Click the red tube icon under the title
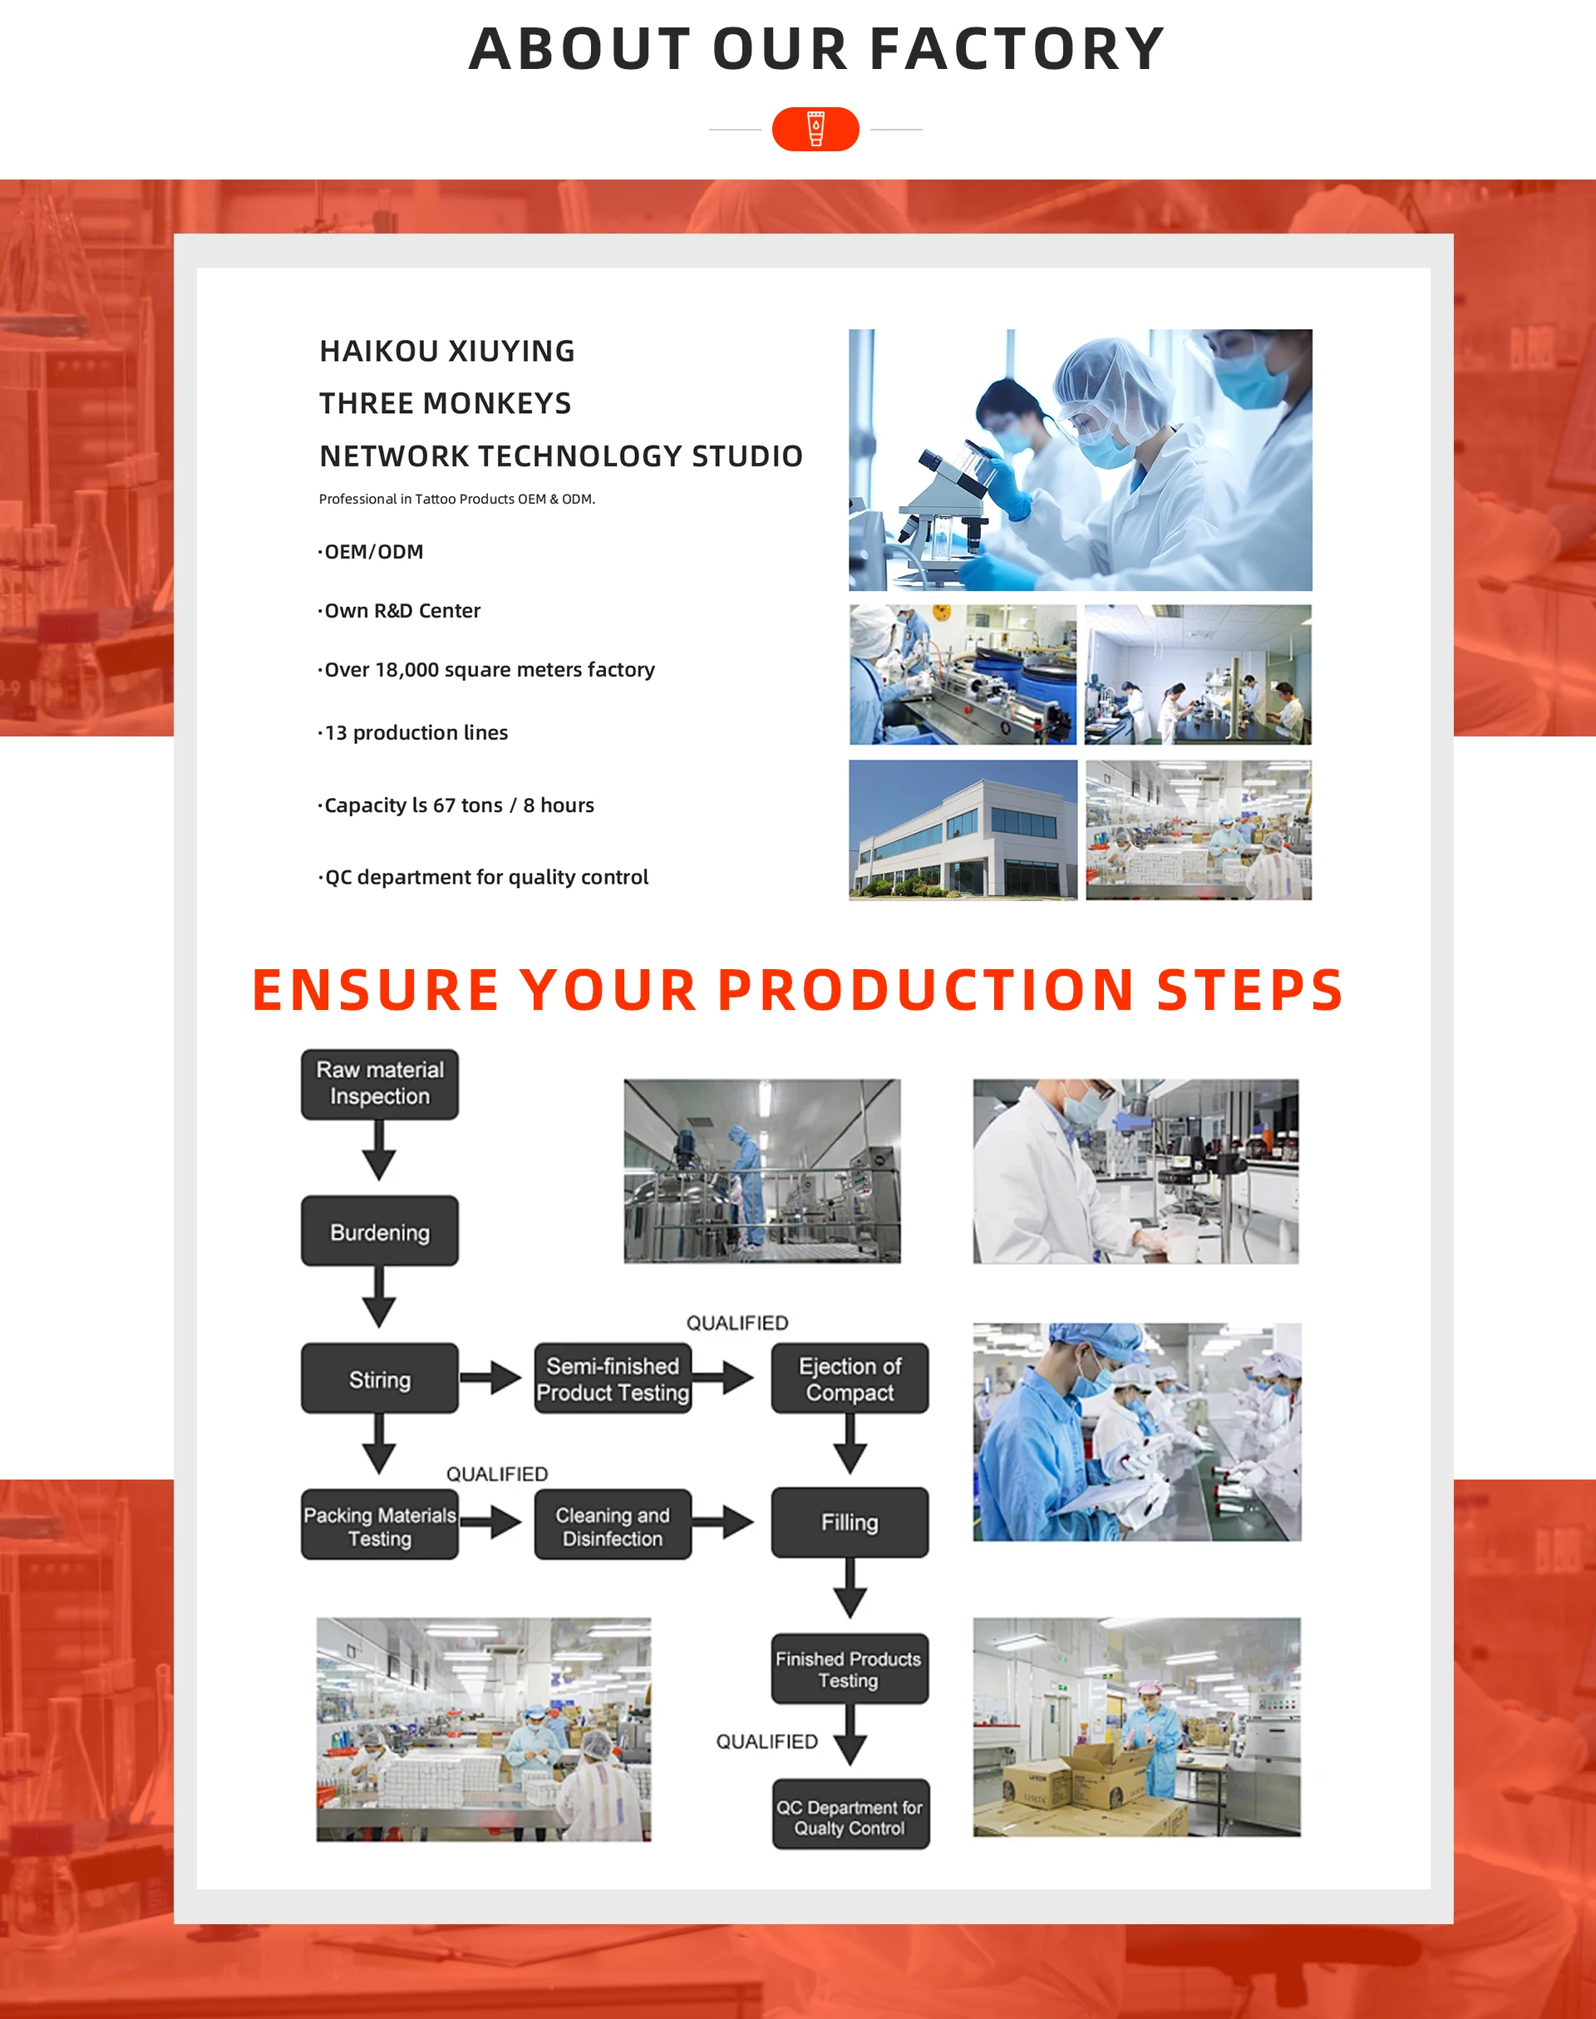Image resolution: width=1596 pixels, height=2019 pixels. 815,129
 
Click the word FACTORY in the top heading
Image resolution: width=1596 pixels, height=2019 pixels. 1017,50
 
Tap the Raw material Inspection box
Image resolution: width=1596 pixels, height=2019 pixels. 379,1084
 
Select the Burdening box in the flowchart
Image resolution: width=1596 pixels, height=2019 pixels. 379,1231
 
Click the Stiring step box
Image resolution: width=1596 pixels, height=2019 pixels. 379,1379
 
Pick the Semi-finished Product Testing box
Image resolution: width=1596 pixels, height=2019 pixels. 612,1379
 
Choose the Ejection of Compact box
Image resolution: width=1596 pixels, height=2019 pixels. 850,1379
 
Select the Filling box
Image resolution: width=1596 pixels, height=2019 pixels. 850,1523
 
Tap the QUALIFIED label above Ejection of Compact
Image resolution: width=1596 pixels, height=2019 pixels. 737,1323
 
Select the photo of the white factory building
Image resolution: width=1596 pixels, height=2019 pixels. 963,830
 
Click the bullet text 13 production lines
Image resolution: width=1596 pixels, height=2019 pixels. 416,732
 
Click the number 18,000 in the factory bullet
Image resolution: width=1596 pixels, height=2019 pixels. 406,670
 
